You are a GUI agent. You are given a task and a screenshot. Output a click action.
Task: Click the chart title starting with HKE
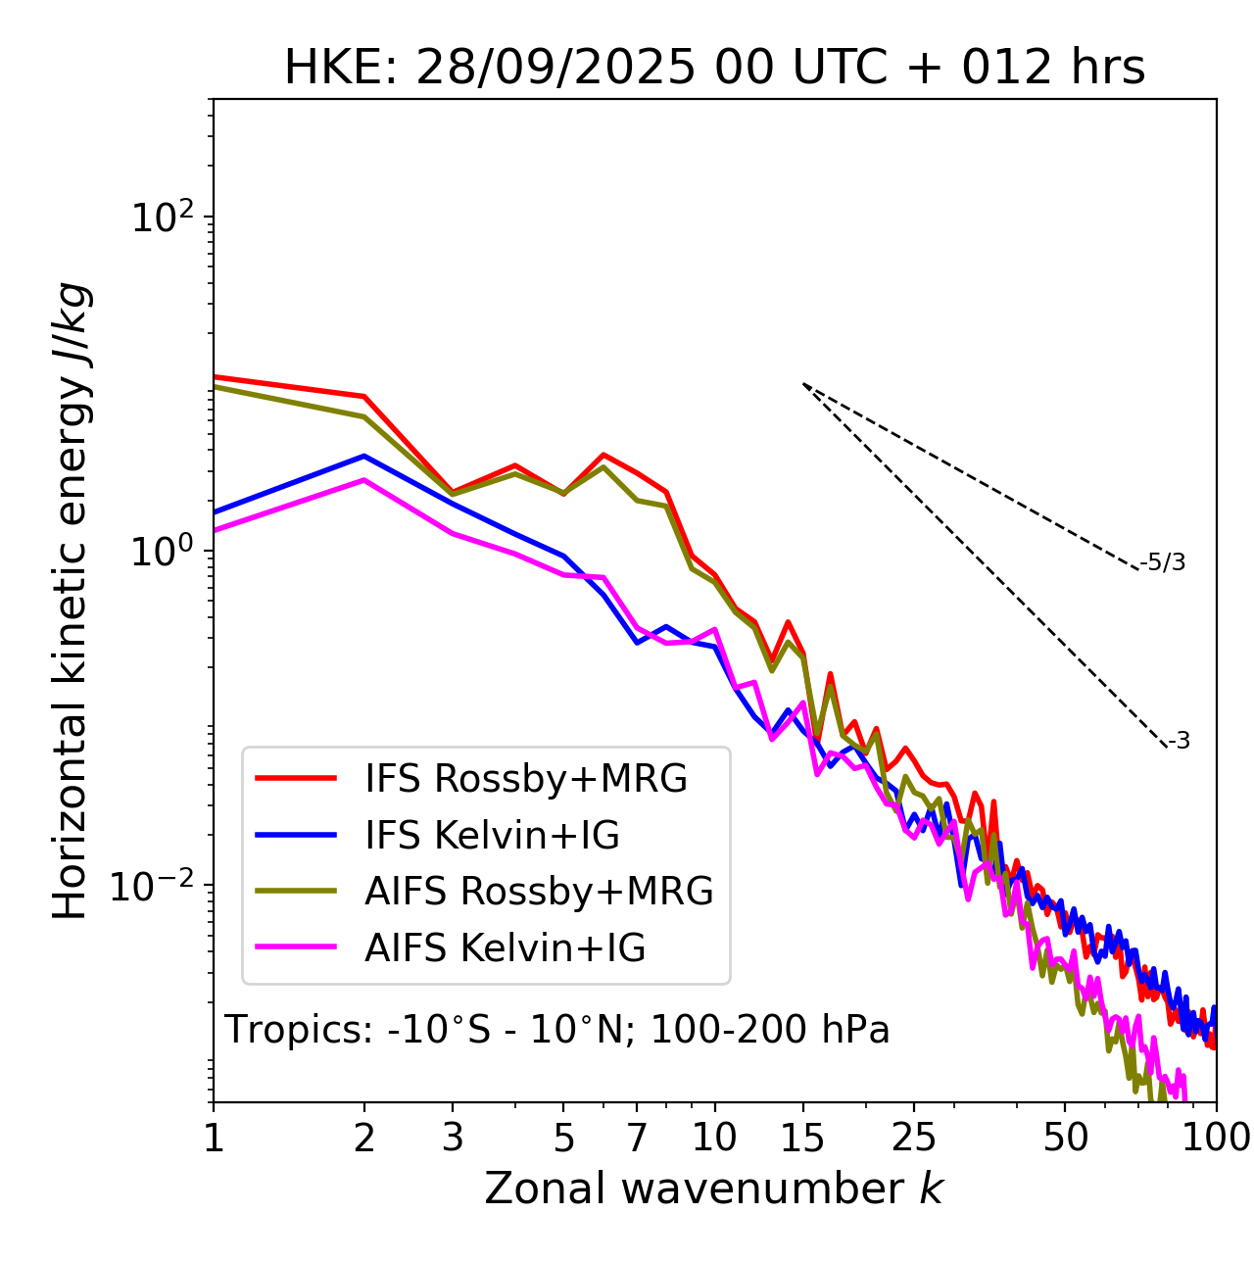coord(714,69)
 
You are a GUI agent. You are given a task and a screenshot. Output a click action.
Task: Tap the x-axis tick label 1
coord(214,1138)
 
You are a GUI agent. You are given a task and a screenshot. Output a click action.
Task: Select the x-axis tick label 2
coord(364,1138)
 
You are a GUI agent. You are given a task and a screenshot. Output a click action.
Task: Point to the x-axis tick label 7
coord(637,1138)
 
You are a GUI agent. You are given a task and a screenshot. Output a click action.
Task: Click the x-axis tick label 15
coord(803,1138)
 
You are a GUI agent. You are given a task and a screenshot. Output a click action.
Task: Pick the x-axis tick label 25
coord(914,1138)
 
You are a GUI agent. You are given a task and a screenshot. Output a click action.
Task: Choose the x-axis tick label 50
coord(1066,1138)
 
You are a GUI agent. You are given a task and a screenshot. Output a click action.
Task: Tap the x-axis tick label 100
coord(1215,1138)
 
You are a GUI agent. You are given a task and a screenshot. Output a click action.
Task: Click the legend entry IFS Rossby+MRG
coord(526,779)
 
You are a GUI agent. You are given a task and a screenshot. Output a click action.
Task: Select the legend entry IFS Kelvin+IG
coord(492,836)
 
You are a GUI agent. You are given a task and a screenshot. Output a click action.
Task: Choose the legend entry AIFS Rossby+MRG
coord(539,892)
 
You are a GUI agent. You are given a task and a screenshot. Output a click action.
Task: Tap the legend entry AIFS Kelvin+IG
coord(505,948)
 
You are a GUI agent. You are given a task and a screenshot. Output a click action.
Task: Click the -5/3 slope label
coord(1163,563)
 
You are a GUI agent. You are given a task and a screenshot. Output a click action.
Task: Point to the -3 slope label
coord(1179,742)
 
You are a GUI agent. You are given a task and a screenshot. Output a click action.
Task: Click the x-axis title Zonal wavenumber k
coord(714,1189)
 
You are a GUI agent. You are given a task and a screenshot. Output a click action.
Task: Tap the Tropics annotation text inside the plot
coord(556,1031)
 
